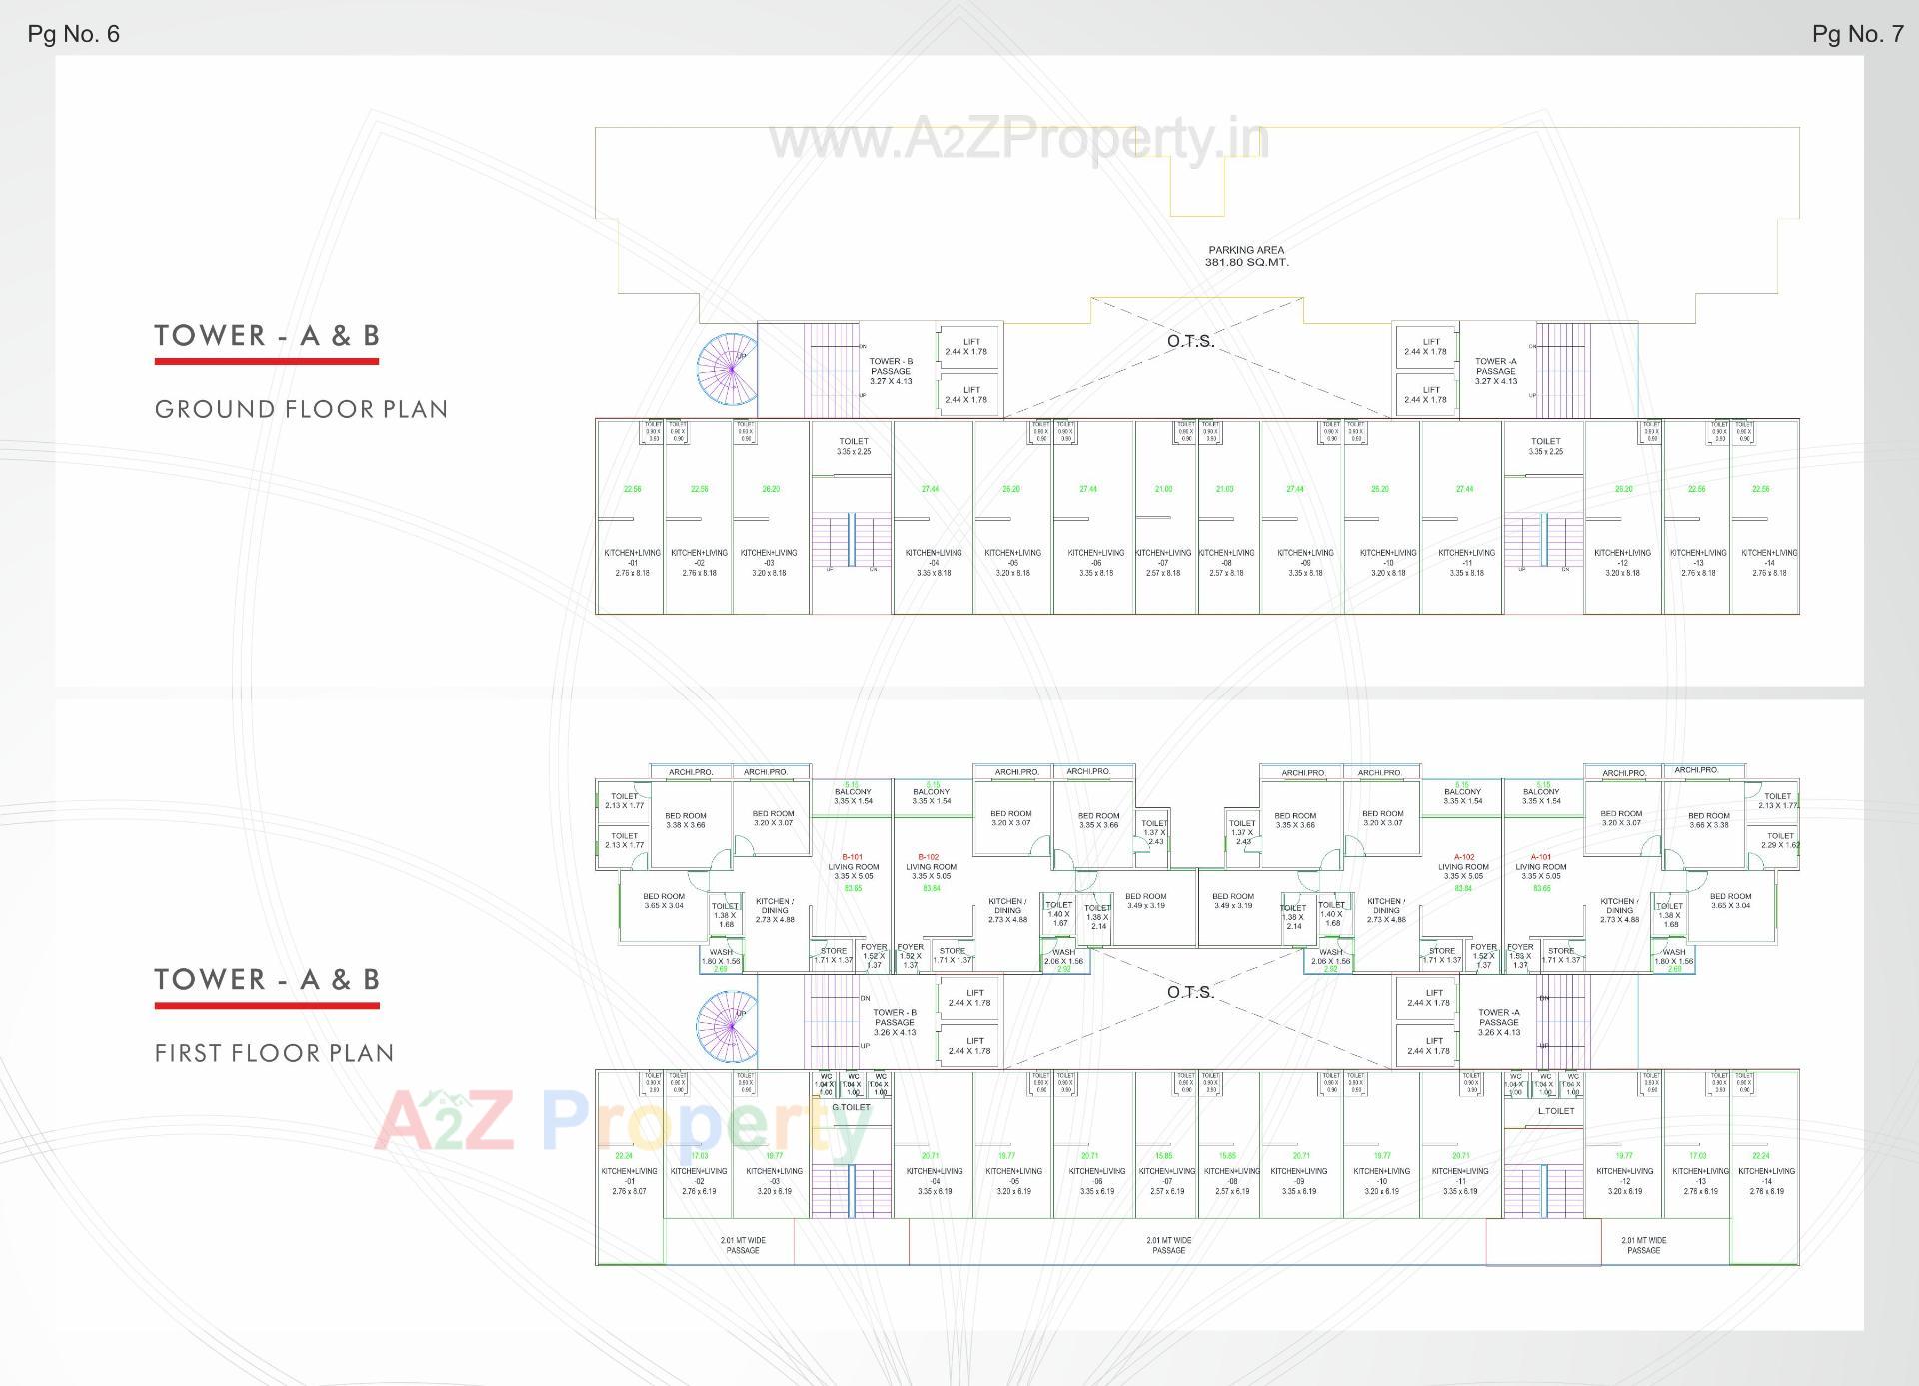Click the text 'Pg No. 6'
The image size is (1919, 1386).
[x=73, y=34]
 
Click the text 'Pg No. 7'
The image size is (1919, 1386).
[x=1857, y=34]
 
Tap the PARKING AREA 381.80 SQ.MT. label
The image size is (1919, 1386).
[x=1246, y=256]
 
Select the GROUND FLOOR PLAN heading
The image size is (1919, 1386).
[x=301, y=409]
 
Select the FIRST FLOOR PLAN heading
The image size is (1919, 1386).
[x=274, y=1053]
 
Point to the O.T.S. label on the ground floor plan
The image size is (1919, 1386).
[x=1190, y=342]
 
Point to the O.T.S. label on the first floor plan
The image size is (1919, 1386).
[x=1190, y=992]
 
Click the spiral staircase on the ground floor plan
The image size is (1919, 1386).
[x=727, y=369]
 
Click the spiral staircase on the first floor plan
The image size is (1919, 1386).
[x=727, y=1025]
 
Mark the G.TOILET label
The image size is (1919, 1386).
[x=851, y=1107]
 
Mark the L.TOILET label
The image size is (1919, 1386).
[x=1555, y=1110]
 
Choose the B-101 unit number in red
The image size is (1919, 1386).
[x=852, y=857]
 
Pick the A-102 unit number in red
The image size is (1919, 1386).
[x=1463, y=857]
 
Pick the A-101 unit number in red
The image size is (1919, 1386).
[x=1540, y=857]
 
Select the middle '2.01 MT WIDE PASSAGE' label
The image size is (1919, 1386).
[x=1168, y=1245]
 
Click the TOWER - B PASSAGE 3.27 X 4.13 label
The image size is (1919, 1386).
[x=890, y=371]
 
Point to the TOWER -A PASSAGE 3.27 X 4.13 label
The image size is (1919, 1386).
[x=1495, y=371]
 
